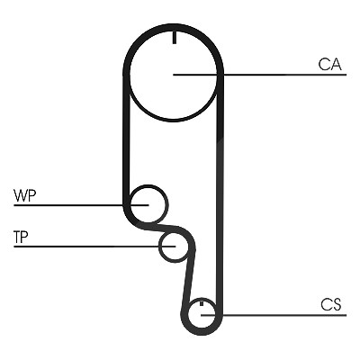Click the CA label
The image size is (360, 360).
pyautogui.click(x=329, y=64)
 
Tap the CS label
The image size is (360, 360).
pyautogui.click(x=330, y=304)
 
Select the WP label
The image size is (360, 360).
pyautogui.click(x=25, y=195)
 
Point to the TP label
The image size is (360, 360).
pyautogui.click(x=21, y=237)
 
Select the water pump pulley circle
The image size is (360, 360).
pyautogui.click(x=166, y=204)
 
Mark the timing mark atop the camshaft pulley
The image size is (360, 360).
pyautogui.click(x=175, y=38)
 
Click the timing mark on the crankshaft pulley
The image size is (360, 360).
pyautogui.click(x=202, y=303)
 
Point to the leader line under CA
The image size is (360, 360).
pyautogui.click(x=260, y=75)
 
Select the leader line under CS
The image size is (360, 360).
pyautogui.click(x=274, y=315)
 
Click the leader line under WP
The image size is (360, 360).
pyautogui.click(x=81, y=205)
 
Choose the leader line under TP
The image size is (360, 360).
pyautogui.click(x=94, y=247)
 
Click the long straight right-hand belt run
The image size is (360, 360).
pyautogui.click(x=220, y=192)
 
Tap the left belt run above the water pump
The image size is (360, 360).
pyautogui.click(x=126, y=138)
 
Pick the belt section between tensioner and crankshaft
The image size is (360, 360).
pyautogui.click(x=188, y=279)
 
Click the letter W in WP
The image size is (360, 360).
pyautogui.click(x=21, y=195)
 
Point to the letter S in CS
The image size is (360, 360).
pyautogui.click(x=337, y=304)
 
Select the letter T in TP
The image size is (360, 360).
pyautogui.click(x=17, y=237)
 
